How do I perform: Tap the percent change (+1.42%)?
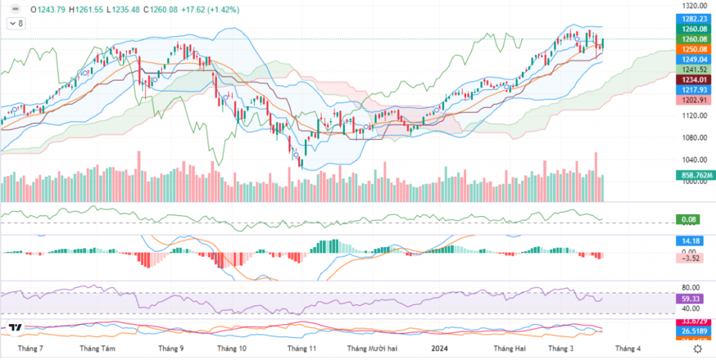[x=222, y=10]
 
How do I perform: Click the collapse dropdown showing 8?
[x=15, y=24]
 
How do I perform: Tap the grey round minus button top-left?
[x=15, y=10]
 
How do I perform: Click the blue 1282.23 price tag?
[x=694, y=18]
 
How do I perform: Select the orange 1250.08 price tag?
[x=694, y=49]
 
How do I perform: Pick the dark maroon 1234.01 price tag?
[x=694, y=80]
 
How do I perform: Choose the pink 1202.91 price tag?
[x=694, y=100]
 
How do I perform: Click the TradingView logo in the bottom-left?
[x=14, y=328]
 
